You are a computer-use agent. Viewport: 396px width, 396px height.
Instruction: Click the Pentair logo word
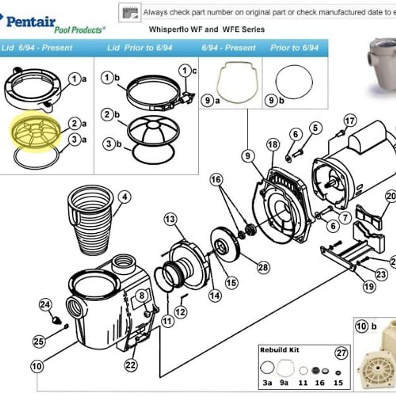pyautogui.click(x=30, y=22)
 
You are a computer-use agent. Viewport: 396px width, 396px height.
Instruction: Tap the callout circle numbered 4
pyautogui.click(x=124, y=197)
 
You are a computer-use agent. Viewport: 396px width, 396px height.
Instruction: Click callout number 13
pyautogui.click(x=170, y=219)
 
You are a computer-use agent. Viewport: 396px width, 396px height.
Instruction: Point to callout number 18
pyautogui.click(x=273, y=145)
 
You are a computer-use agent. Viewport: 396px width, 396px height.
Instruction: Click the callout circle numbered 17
pyautogui.click(x=350, y=121)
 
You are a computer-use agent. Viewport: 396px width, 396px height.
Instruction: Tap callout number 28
pyautogui.click(x=263, y=267)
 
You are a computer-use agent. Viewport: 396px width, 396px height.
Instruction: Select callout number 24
pyautogui.click(x=46, y=305)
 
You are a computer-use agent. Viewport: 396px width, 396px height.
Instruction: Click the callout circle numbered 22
pyautogui.click(x=131, y=365)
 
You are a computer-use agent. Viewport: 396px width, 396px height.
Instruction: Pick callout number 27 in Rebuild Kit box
pyautogui.click(x=341, y=353)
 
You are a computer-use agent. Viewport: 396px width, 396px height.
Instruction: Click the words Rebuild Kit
pyautogui.click(x=280, y=350)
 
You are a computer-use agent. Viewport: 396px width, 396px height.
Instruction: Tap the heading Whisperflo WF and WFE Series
pyautogui.click(x=207, y=29)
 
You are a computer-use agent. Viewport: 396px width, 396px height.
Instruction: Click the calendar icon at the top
pyautogui.click(x=130, y=13)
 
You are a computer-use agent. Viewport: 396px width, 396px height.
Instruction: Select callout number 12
pyautogui.click(x=180, y=312)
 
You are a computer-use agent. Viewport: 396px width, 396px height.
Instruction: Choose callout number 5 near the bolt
pyautogui.click(x=315, y=128)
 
